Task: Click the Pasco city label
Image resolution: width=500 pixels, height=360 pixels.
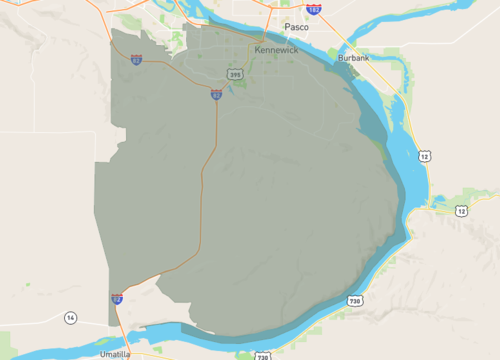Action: (295, 27)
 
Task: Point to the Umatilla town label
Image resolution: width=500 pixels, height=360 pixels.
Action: (115, 354)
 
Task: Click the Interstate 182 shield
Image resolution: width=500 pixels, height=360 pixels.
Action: (314, 9)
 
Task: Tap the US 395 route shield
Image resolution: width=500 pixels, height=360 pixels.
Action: (234, 74)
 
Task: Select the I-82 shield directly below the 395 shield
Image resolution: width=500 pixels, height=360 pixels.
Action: (216, 95)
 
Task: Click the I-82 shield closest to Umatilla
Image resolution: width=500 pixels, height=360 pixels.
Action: (117, 298)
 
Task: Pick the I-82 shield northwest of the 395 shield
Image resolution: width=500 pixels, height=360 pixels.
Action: (136, 60)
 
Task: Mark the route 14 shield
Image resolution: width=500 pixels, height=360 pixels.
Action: (70, 318)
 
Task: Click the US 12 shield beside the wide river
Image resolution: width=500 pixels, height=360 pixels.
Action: (425, 157)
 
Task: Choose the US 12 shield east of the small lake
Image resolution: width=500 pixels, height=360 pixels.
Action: (460, 211)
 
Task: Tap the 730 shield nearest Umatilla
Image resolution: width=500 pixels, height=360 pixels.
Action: (262, 356)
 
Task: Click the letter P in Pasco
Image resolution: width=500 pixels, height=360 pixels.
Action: (286, 27)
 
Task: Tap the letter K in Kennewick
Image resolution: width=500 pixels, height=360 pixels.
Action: (258, 49)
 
